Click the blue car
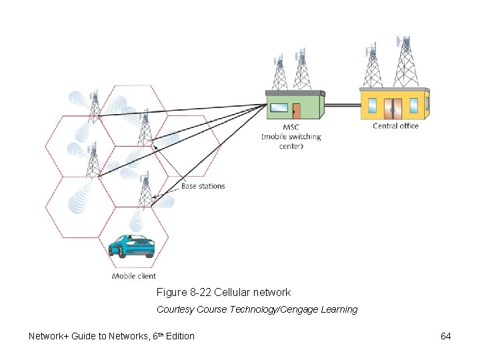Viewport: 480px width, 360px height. (132, 247)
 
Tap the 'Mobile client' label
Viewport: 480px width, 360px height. (134, 276)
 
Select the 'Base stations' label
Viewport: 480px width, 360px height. (203, 186)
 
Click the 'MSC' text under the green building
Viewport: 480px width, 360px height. (291, 127)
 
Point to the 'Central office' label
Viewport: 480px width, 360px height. (395, 126)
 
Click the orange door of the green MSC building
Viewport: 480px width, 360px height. (296, 111)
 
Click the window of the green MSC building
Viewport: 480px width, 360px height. (278, 107)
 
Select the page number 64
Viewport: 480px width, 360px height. (446, 336)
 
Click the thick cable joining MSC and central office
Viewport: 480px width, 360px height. (342, 104)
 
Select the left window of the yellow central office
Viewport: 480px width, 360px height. (372, 106)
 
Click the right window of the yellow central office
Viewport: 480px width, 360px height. (413, 105)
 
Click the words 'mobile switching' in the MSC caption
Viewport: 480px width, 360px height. (291, 137)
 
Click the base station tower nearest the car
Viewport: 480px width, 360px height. (145, 191)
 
